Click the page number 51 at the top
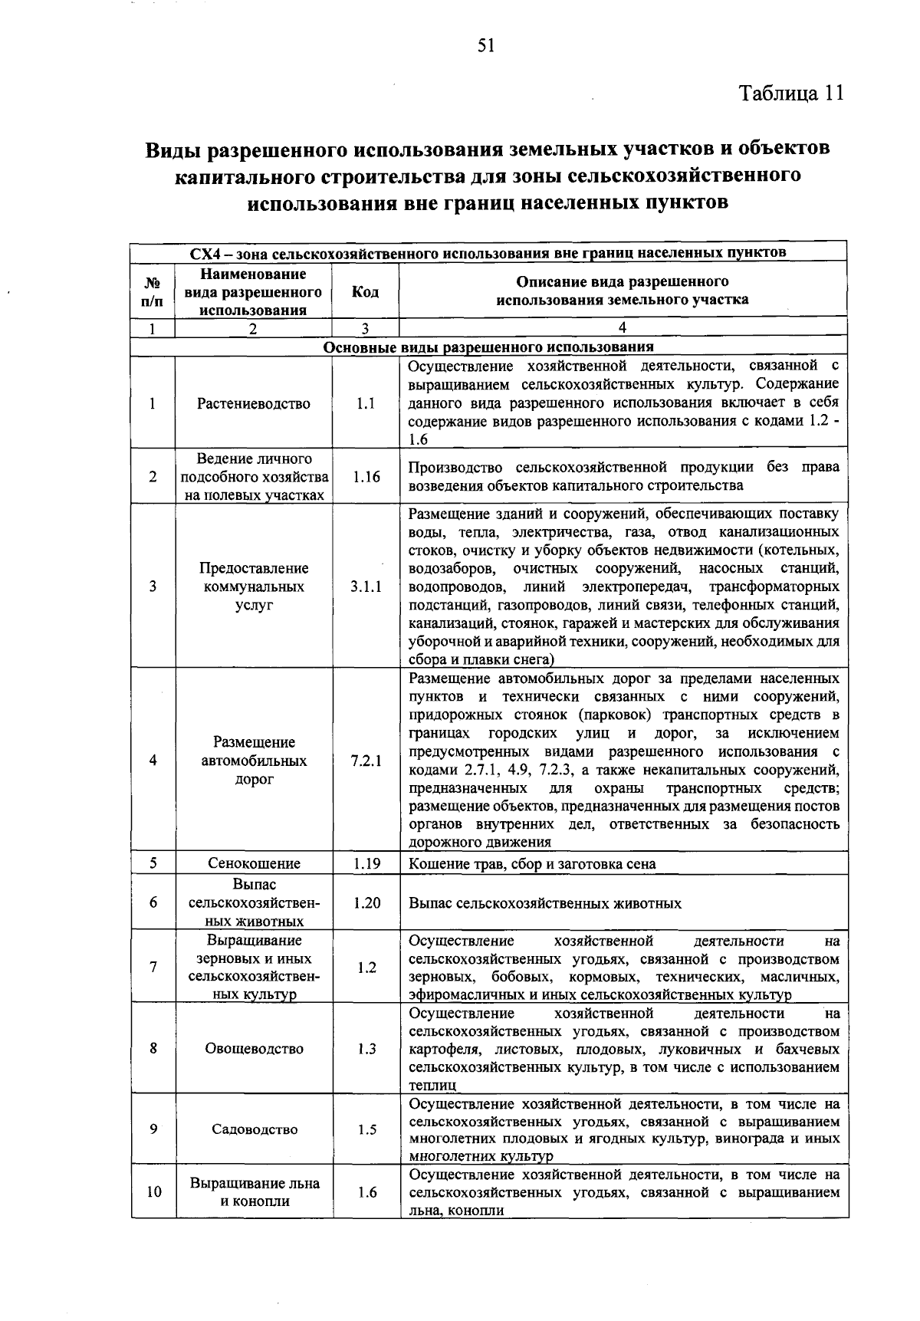(x=485, y=47)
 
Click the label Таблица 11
(x=791, y=94)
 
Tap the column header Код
(x=365, y=292)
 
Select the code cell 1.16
(x=366, y=477)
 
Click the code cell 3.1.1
(x=366, y=587)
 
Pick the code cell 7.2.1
(x=366, y=761)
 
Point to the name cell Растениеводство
(x=254, y=404)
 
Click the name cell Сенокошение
(x=254, y=864)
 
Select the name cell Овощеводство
(x=254, y=1049)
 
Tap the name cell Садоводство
(x=254, y=1129)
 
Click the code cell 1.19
(x=366, y=864)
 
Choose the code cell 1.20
(x=366, y=903)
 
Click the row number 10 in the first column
(x=153, y=1192)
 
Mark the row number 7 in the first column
(x=153, y=968)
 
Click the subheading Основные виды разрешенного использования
(x=488, y=347)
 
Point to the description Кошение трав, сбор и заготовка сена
(x=532, y=864)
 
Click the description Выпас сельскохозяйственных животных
(x=545, y=904)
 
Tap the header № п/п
(x=153, y=292)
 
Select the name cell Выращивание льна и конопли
(x=254, y=1192)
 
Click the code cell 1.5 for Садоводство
(x=366, y=1129)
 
